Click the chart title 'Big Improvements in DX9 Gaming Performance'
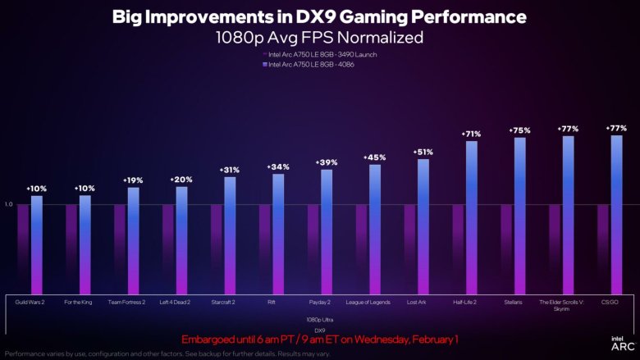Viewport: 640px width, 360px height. click(x=319, y=16)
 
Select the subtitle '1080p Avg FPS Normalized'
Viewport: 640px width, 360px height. click(x=319, y=37)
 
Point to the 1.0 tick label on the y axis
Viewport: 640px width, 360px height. click(x=8, y=204)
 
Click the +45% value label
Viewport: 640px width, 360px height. click(x=375, y=157)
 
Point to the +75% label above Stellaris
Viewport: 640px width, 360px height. click(x=519, y=130)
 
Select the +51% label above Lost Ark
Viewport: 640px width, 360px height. click(x=423, y=152)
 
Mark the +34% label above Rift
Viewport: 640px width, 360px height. click(x=278, y=166)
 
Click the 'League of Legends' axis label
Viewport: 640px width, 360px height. click(x=368, y=303)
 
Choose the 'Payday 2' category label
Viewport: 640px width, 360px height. click(x=319, y=303)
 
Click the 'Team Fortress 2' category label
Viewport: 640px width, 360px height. click(x=126, y=303)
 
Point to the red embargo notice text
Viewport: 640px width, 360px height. click(x=319, y=339)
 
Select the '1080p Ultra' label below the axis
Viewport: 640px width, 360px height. click(x=319, y=318)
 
